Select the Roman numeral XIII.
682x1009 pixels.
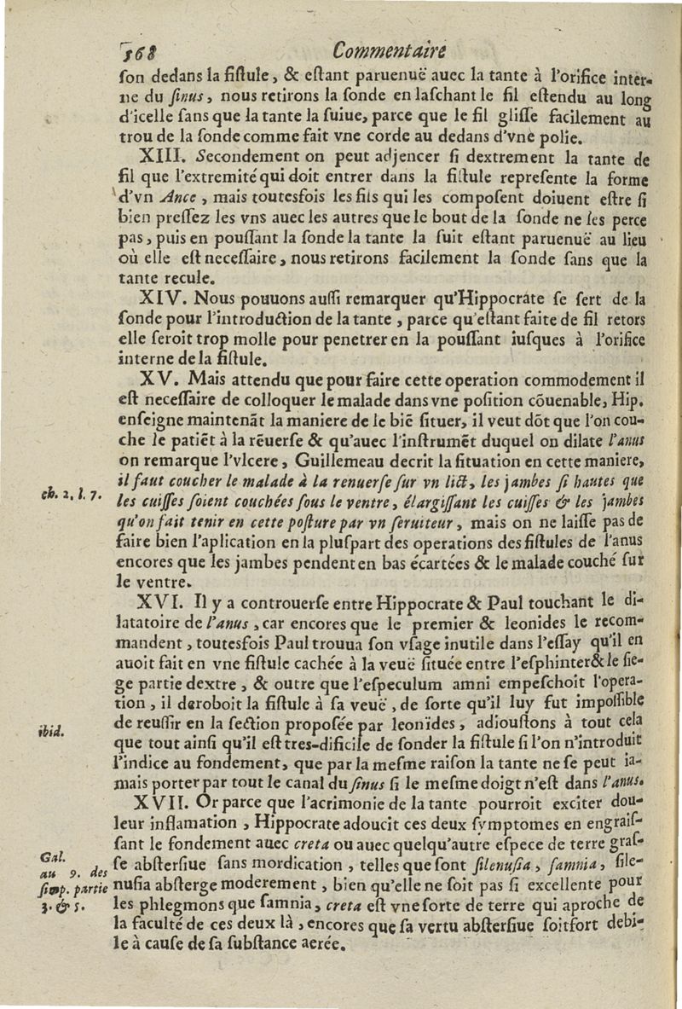point(159,158)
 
